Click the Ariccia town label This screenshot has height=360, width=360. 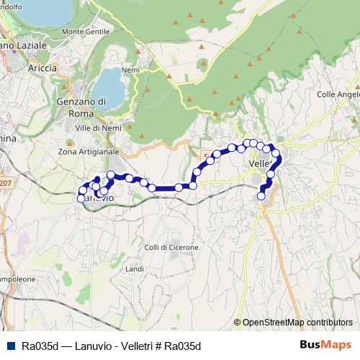pos(42,68)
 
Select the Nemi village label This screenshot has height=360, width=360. pos(130,70)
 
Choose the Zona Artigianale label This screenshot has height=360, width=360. pos(89,152)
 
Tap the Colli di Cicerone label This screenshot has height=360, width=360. pos(171,247)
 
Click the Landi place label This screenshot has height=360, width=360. pos(135,269)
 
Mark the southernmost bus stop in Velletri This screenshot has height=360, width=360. pos(261,195)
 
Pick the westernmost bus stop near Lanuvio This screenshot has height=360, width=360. pos(81,198)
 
